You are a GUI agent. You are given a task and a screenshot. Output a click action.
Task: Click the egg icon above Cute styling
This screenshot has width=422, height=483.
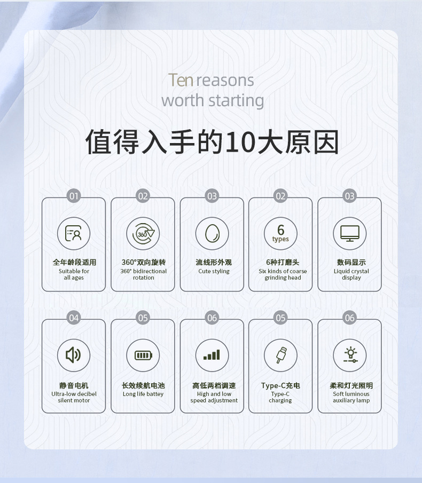point(212,234)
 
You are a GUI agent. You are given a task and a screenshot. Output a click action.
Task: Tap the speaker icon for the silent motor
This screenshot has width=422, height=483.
point(74,355)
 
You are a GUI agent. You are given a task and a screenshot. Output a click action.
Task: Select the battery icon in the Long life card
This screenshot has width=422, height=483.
point(143,355)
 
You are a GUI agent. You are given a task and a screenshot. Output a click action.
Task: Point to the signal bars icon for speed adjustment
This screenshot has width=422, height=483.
point(212,355)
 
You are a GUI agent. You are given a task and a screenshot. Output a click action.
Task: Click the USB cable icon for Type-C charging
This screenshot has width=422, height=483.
point(280,355)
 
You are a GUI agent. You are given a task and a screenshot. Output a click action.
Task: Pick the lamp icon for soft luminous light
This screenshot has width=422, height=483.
point(350,355)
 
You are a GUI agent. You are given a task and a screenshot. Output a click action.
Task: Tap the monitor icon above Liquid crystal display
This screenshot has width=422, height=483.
point(350,234)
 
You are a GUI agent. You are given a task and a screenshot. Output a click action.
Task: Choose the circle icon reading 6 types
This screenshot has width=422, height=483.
point(280,234)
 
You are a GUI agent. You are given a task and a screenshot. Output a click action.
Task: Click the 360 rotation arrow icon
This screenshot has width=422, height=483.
point(143,234)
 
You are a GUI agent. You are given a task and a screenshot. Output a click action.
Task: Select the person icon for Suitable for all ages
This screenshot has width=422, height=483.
point(74,234)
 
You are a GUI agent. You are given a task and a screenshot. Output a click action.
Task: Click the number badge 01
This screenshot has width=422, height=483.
point(74,196)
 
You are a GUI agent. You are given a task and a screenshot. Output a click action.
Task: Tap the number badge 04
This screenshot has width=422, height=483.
point(74,318)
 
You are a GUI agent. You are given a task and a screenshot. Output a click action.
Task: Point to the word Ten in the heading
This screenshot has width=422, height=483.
point(181,80)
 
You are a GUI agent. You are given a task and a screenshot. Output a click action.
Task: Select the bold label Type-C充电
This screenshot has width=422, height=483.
point(280,385)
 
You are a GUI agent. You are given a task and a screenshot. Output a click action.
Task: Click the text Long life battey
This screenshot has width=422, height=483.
point(143,394)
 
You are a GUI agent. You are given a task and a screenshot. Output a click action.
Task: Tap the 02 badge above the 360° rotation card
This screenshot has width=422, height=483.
point(143,196)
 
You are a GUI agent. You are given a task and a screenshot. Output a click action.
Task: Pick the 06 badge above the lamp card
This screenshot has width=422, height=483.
point(349,318)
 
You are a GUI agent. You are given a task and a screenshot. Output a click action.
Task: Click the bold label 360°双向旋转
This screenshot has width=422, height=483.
point(143,263)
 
